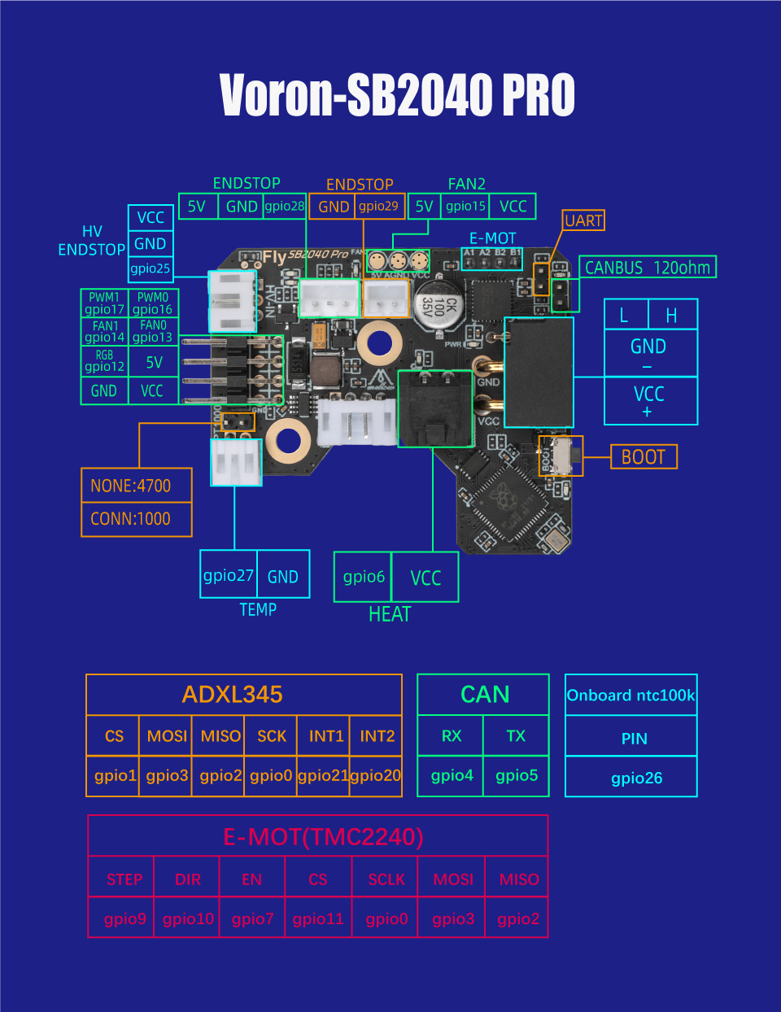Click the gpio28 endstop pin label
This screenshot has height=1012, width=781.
coord(284,207)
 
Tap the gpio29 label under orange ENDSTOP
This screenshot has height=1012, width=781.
coord(379,207)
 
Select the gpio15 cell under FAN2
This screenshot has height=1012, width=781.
coord(465,207)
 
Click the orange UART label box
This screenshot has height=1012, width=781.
coord(583,220)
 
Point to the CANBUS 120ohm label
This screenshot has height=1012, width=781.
coord(648,268)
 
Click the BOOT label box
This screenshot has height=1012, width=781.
coord(644,457)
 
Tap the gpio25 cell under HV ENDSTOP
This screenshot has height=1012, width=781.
coord(151,268)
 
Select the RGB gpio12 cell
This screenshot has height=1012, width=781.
coord(105,361)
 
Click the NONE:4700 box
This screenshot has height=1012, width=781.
coord(137,486)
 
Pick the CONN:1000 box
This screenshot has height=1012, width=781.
coord(137,519)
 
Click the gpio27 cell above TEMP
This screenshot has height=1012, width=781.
coord(229,576)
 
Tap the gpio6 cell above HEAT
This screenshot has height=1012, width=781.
coord(364,577)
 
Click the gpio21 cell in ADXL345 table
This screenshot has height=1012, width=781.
coord(323,775)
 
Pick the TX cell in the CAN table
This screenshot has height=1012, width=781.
coord(516,736)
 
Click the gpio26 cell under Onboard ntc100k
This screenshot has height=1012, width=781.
coord(636,778)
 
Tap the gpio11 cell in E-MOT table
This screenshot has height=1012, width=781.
coord(318,918)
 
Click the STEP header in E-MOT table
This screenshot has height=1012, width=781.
coord(124,879)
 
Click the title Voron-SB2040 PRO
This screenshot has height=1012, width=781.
coord(397,95)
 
